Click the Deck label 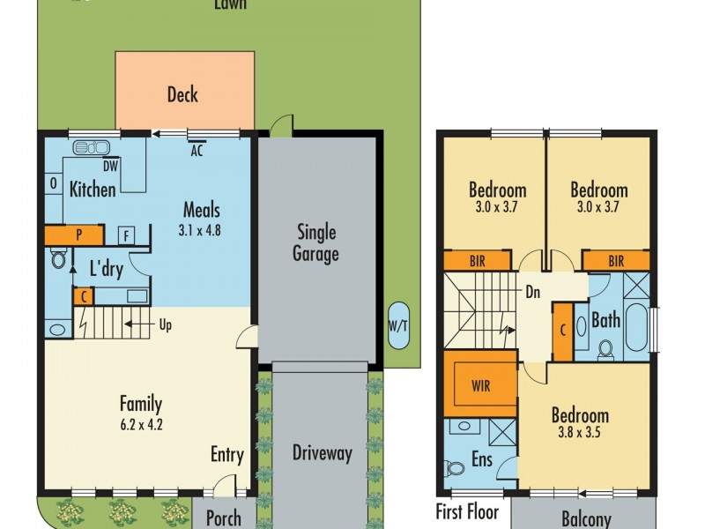click(x=182, y=94)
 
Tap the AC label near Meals click(x=197, y=150)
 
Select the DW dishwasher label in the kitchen click(x=110, y=166)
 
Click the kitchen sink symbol click(x=91, y=147)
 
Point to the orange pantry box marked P click(x=74, y=235)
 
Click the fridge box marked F click(x=127, y=235)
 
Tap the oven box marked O click(x=54, y=183)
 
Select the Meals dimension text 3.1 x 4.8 click(x=199, y=230)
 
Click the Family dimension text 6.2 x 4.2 click(x=141, y=424)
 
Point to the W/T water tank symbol click(x=398, y=325)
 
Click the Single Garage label click(x=316, y=243)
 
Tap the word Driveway click(x=322, y=453)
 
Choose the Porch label click(x=224, y=518)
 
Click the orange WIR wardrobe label click(x=480, y=385)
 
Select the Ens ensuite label click(x=482, y=459)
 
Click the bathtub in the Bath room click(x=636, y=327)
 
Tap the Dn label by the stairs click(x=533, y=293)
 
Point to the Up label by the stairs click(x=166, y=324)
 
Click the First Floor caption click(x=468, y=512)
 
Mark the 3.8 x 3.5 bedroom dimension click(x=579, y=432)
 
